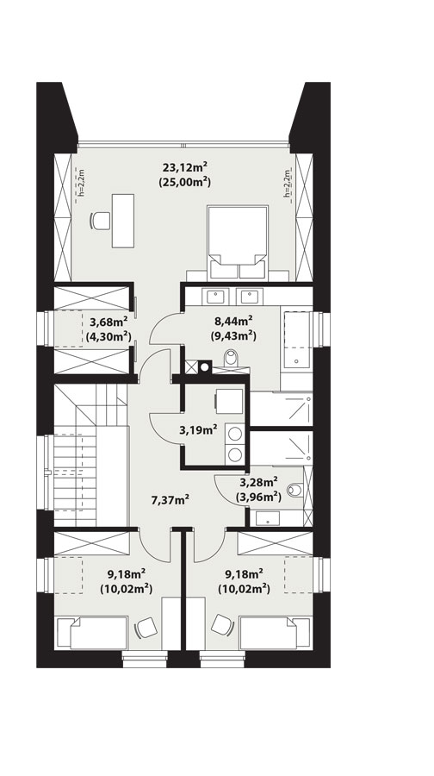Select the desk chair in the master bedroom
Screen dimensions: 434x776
tap(101, 220)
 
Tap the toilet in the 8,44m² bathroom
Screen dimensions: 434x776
tap(231, 358)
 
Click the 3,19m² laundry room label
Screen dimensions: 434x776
tap(198, 430)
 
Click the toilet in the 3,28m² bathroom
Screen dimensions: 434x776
tap(295, 490)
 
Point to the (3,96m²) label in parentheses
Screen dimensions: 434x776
tap(259, 496)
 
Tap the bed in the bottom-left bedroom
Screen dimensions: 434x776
tap(92, 633)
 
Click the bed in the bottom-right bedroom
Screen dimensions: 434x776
tap(276, 633)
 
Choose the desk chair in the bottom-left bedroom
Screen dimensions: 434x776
tap(146, 628)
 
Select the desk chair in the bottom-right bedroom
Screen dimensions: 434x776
tap(222, 625)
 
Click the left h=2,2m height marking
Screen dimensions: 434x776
tap(82, 183)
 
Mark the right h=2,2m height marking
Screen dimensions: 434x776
tap(287, 183)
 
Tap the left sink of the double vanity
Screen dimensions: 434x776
tap(215, 297)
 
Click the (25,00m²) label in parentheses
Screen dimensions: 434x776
tap(185, 182)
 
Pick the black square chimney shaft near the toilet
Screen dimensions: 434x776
tap(205, 366)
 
